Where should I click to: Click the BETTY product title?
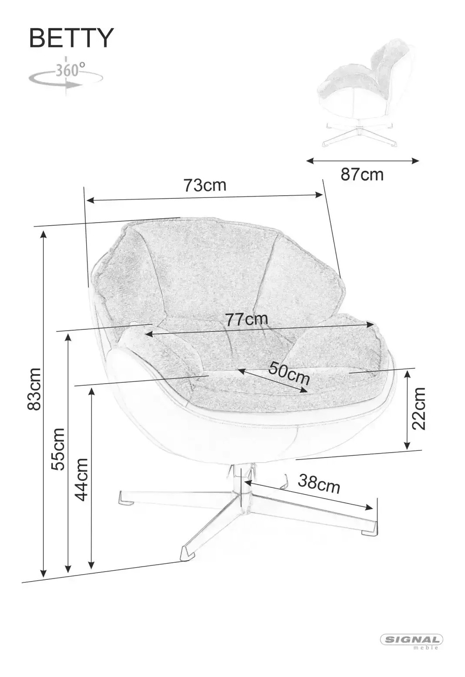pyautogui.click(x=71, y=38)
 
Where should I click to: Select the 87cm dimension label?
pyautogui.click(x=362, y=175)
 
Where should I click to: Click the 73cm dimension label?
pyautogui.click(x=205, y=186)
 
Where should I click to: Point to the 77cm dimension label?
pyautogui.click(x=247, y=319)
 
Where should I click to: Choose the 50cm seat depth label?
pyautogui.click(x=289, y=373)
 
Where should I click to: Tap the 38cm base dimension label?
pyautogui.click(x=319, y=483)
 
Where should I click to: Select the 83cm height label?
pyautogui.click(x=34, y=389)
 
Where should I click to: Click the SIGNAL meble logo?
pyautogui.click(x=412, y=638)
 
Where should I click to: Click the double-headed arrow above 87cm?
pyautogui.click(x=362, y=161)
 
